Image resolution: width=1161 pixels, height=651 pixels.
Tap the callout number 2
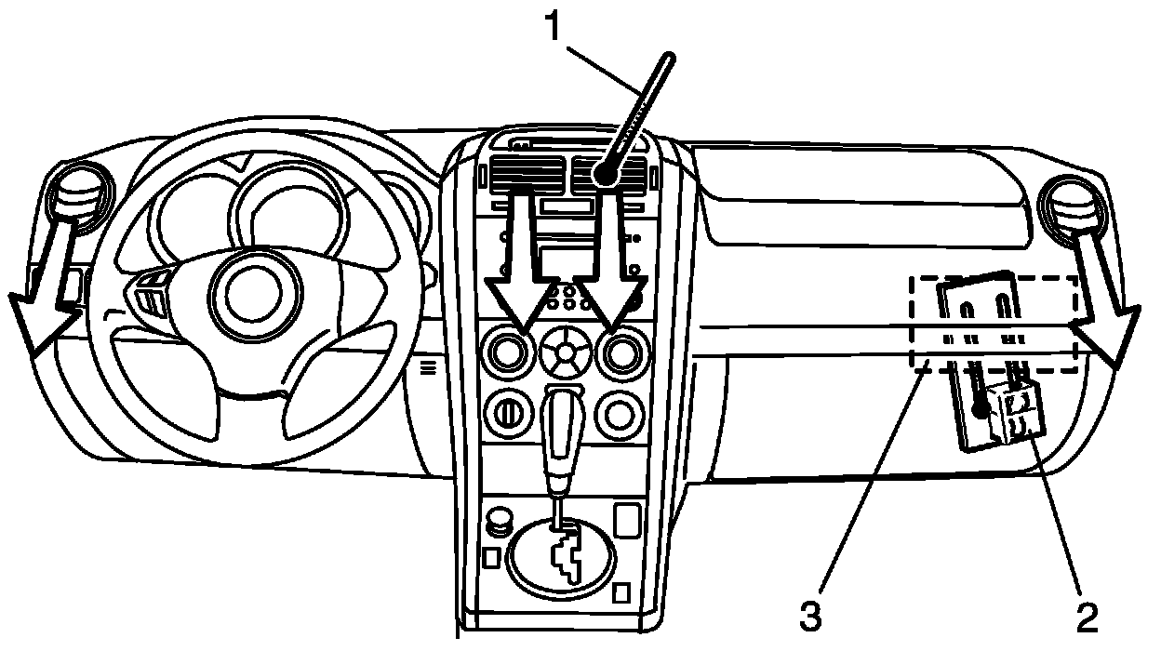coord(1087,617)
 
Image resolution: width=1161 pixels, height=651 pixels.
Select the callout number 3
coord(810,617)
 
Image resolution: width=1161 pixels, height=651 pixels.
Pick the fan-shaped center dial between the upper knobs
coord(565,352)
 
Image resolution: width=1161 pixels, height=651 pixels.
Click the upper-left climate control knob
coord(509,352)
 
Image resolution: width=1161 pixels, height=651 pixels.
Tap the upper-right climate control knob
coord(622,352)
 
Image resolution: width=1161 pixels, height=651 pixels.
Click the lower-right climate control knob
coord(620,415)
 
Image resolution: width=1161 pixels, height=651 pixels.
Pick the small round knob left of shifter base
coord(499,521)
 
